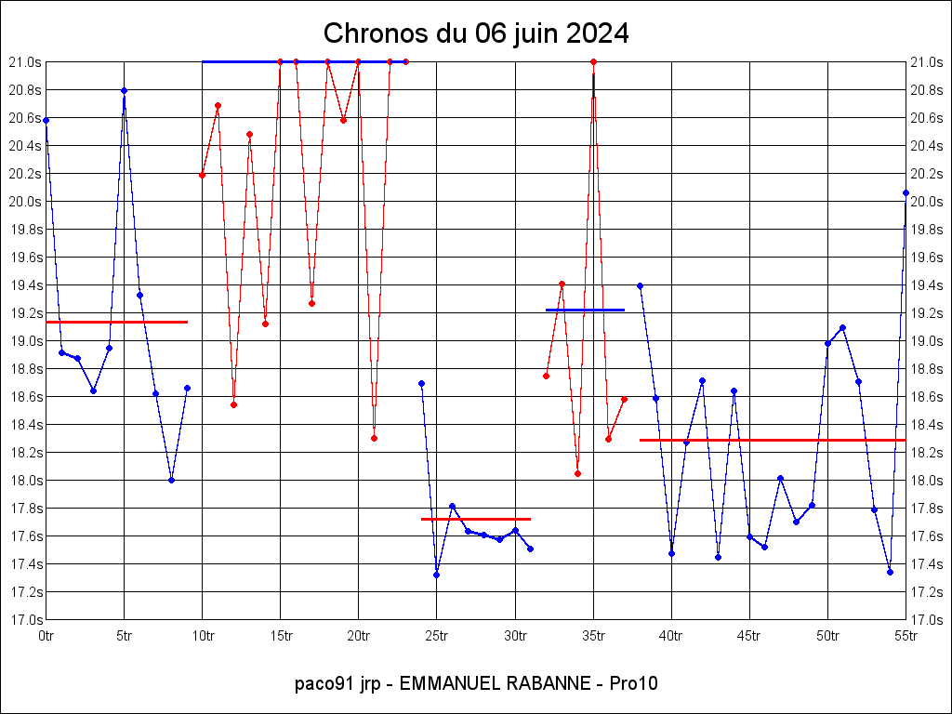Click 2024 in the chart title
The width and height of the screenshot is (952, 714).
click(x=595, y=34)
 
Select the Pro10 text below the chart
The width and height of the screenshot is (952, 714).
click(x=634, y=684)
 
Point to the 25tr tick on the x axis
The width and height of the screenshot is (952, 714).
click(x=437, y=636)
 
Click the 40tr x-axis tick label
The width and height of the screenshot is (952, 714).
click(x=671, y=636)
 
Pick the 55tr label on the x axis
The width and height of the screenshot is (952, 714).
click(x=906, y=636)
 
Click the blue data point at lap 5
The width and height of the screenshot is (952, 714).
click(x=124, y=90)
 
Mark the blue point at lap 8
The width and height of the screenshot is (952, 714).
click(x=171, y=480)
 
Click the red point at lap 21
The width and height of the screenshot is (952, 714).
click(x=374, y=438)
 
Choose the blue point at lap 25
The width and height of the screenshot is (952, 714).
click(x=436, y=575)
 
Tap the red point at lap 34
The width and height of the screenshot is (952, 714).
click(x=577, y=473)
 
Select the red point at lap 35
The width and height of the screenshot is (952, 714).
click(x=593, y=61)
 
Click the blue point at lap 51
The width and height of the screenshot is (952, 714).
click(x=842, y=327)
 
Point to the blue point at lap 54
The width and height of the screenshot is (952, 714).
click(x=890, y=572)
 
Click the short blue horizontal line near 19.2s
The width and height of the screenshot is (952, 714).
click(x=585, y=310)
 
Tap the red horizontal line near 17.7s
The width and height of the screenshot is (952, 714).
click(x=475, y=519)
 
